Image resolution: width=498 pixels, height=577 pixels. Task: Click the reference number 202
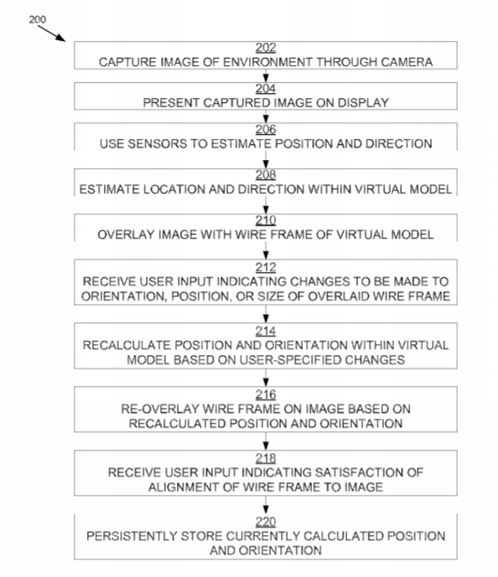pos(266,48)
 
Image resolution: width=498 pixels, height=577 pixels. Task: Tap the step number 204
pos(266,89)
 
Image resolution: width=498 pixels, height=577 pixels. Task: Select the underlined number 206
pos(266,130)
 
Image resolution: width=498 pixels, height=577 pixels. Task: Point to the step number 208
pos(266,175)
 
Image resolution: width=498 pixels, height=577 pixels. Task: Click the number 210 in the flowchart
pos(266,220)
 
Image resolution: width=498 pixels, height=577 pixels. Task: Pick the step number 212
pos(266,267)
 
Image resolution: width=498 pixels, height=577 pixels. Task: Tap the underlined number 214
pos(266,331)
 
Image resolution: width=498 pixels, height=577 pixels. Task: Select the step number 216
pos(266,394)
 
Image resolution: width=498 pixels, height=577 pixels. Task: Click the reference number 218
pos(266,459)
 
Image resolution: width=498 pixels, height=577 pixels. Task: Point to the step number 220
pos(266,523)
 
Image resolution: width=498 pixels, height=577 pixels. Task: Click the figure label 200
pos(38,19)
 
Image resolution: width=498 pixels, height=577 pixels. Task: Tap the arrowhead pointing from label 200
pos(61,39)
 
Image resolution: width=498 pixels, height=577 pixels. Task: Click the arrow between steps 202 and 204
pos(266,76)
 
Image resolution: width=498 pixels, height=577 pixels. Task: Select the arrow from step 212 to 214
pos(266,314)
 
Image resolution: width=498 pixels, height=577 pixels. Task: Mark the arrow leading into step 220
pos(266,505)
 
